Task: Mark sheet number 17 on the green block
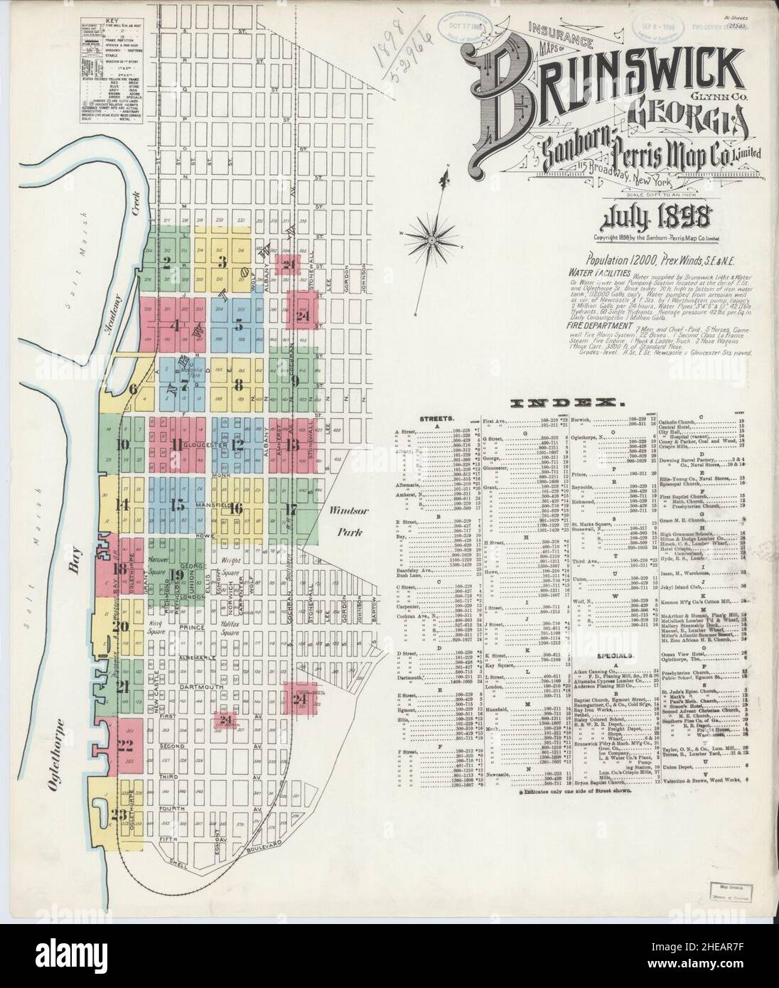289,509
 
